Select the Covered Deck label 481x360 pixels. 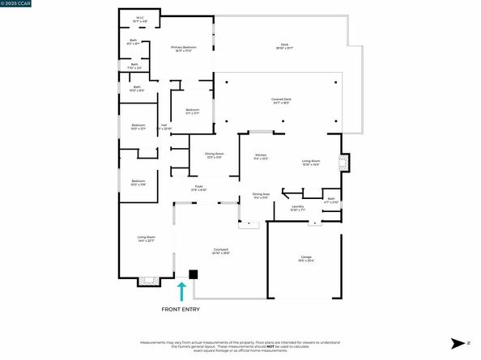click(282, 101)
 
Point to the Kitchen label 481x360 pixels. click(261, 156)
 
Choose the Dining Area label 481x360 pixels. click(261, 196)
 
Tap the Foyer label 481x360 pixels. click(199, 188)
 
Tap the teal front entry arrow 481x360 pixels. click(182, 291)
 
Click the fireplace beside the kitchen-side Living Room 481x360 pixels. click(344, 163)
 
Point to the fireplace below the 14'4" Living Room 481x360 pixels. click(146, 282)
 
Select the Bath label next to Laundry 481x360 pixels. click(330, 200)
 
